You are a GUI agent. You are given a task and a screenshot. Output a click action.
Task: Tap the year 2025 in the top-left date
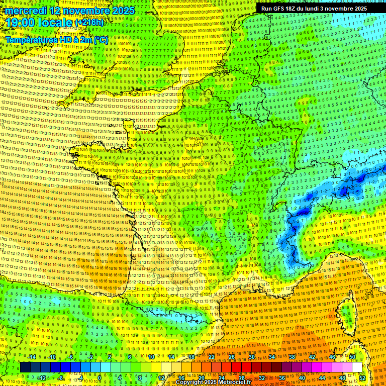coord(123,11)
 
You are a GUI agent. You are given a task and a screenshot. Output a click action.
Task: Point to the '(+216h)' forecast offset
coord(89,23)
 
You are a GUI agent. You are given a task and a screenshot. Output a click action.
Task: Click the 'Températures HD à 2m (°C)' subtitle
coord(56,39)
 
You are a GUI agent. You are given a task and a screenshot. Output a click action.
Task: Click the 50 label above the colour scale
coord(352,357)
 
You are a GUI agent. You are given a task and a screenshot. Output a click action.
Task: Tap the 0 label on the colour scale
coord(100,377)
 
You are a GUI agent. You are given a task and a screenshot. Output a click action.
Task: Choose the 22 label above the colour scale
coord(211,357)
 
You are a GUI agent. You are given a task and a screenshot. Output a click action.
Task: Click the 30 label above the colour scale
coord(251,357)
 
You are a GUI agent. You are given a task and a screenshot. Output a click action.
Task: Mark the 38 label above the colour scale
coord(292,357)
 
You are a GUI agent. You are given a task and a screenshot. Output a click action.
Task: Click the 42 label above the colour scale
coord(312,357)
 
